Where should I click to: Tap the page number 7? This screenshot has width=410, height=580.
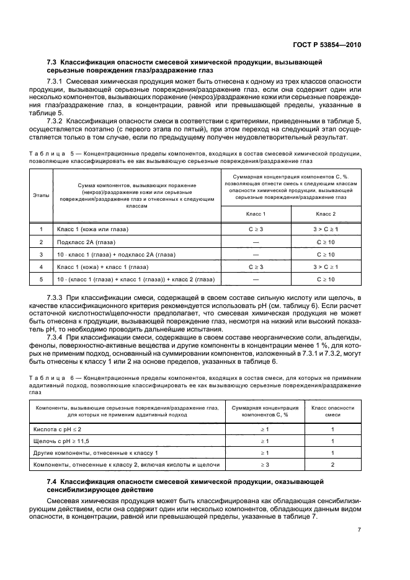[x=359, y=529]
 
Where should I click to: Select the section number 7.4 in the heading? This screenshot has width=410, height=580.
[x=52, y=481]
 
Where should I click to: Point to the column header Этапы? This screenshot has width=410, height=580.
[x=41, y=195]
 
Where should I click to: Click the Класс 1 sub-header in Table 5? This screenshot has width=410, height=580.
[x=256, y=214]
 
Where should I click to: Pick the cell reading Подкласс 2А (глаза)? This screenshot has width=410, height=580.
[x=86, y=242]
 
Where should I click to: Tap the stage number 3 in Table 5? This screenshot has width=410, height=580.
[x=41, y=254]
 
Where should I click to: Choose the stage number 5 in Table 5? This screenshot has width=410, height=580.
[x=41, y=279]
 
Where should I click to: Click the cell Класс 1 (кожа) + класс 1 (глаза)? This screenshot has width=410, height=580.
[x=102, y=266]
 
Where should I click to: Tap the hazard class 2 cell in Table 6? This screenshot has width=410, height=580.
[x=332, y=464]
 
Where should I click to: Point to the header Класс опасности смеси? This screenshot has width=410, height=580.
[x=332, y=411]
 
